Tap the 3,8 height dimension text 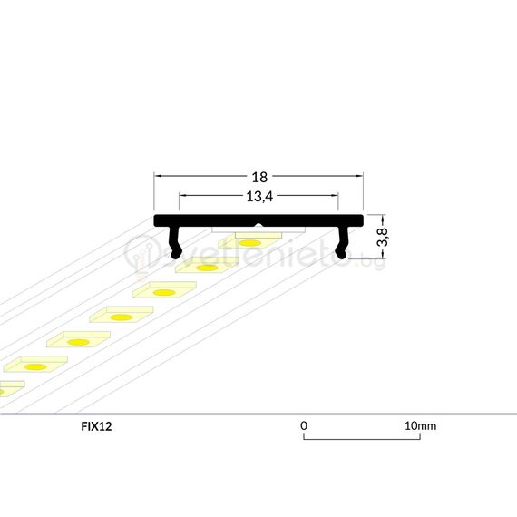tap(384, 238)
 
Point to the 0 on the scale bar tap(305, 424)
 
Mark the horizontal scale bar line tap(362, 440)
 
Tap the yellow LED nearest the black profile tap(251, 242)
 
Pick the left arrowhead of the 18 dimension tap(158, 175)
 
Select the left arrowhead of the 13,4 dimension tap(182, 194)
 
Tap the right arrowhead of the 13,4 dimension tap(335, 194)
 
